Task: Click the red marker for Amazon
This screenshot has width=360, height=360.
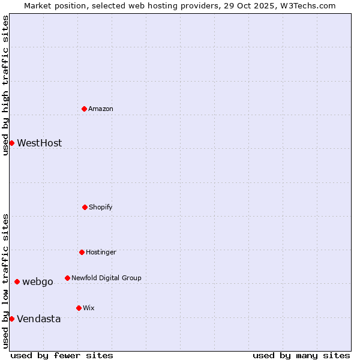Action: (x=85, y=109)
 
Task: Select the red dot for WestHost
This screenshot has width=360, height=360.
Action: (x=11, y=143)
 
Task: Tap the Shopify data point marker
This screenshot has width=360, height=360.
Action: (x=85, y=207)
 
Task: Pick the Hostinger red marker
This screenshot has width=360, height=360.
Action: (x=82, y=252)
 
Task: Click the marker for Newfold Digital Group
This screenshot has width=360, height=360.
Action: (x=67, y=278)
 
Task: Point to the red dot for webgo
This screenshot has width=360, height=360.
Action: (x=17, y=281)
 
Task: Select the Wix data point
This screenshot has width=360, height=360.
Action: (x=79, y=308)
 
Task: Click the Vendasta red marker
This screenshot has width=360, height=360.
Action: (x=11, y=319)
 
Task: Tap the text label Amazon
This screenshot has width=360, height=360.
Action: (x=101, y=109)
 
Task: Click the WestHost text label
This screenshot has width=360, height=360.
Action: (x=39, y=143)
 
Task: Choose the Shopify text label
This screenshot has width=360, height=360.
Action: (x=101, y=207)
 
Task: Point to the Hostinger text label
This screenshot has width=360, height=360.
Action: (x=101, y=252)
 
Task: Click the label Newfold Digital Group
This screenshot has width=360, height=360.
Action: (x=106, y=278)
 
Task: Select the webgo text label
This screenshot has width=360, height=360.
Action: (x=38, y=282)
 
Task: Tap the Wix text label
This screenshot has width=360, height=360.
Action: (x=89, y=308)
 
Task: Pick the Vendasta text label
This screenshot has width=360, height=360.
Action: (x=38, y=319)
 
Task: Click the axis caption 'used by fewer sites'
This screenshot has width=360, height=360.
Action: (x=62, y=355)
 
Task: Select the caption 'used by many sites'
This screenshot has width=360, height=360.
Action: (x=301, y=355)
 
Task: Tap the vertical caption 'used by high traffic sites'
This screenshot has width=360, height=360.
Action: (x=5, y=85)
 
